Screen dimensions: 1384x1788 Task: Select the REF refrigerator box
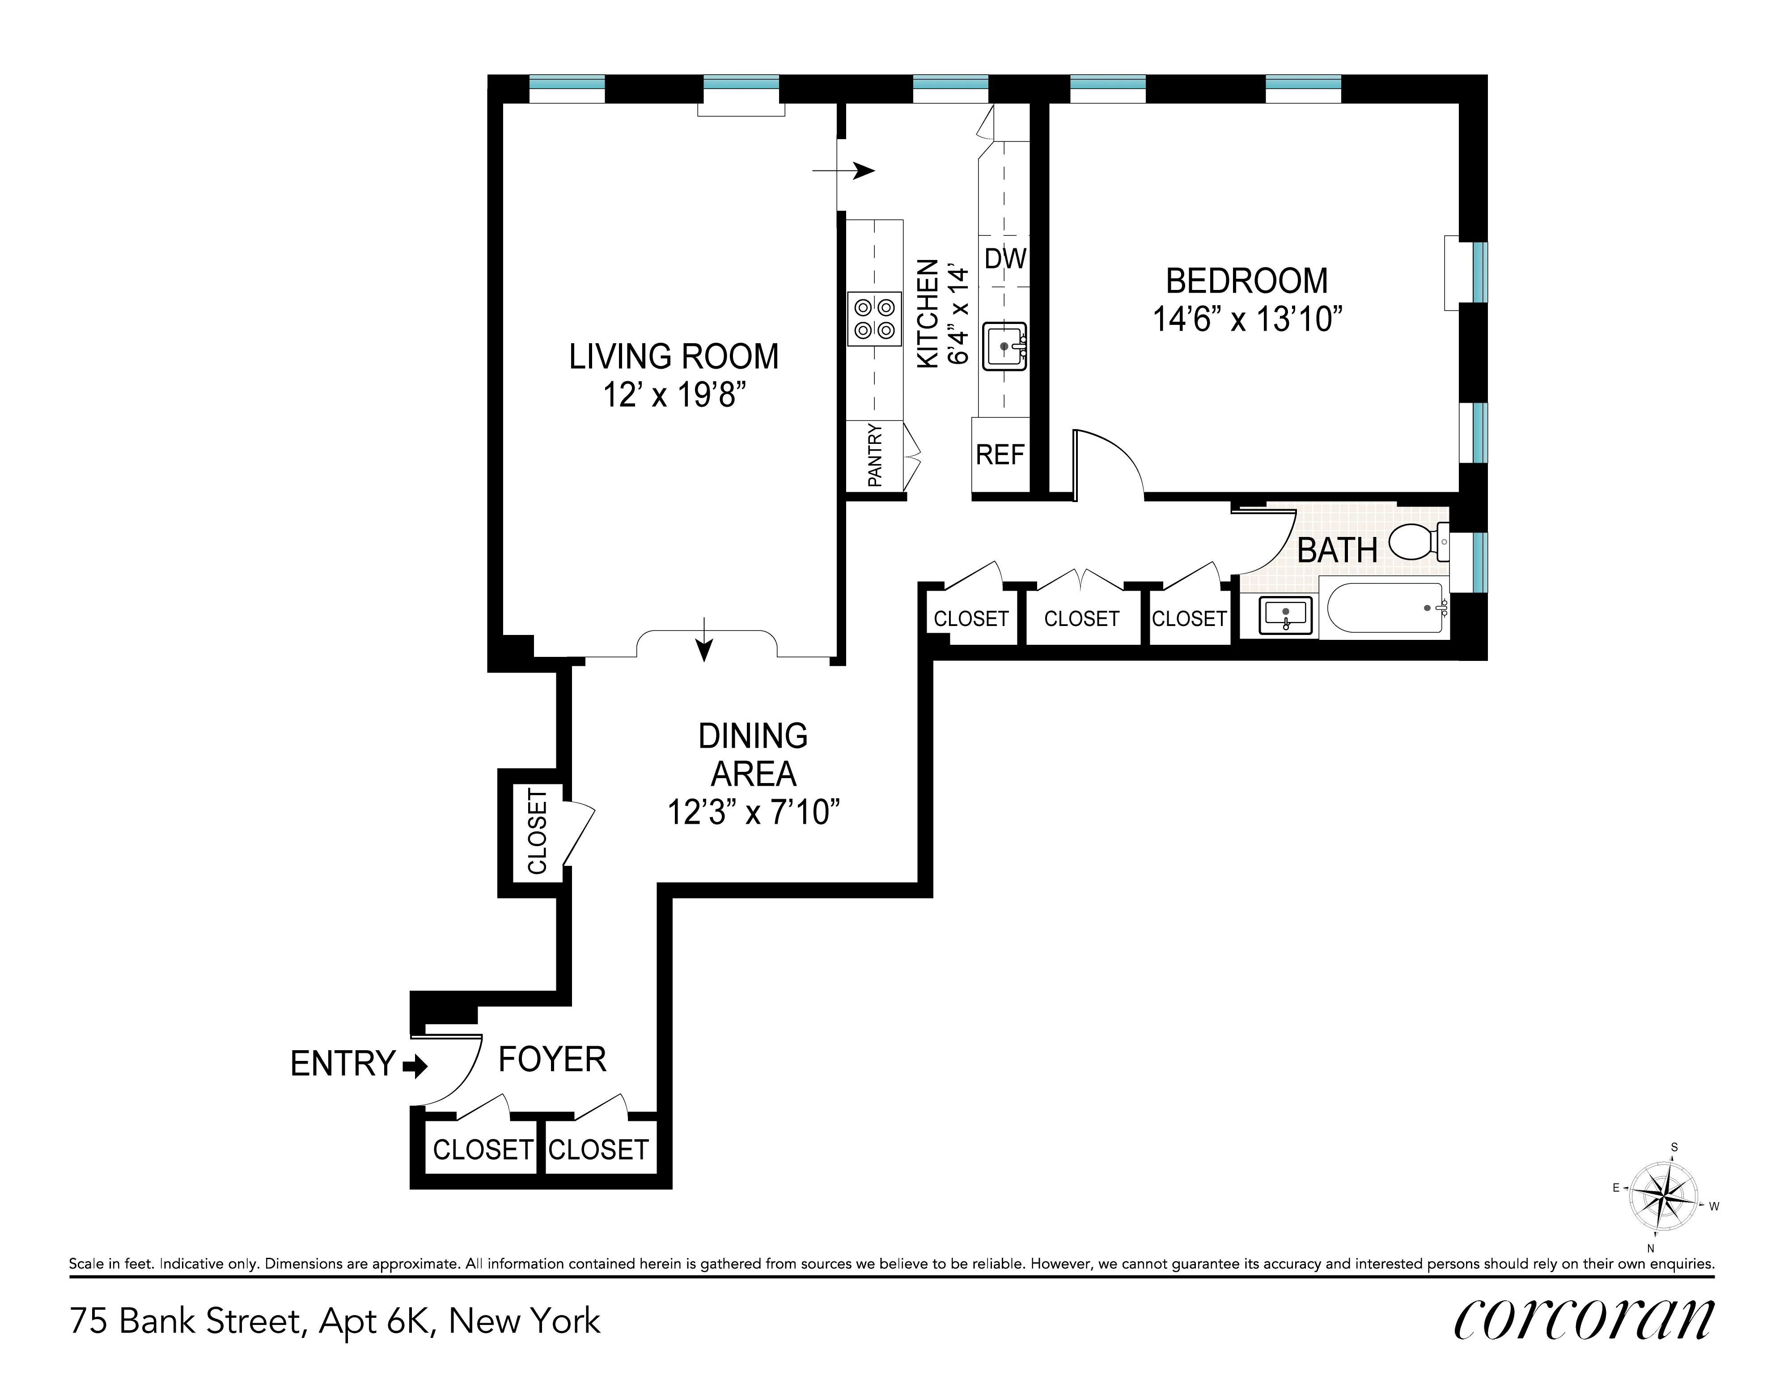1000,455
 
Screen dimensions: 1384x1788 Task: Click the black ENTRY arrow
416,1065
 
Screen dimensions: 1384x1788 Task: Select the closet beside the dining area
537,831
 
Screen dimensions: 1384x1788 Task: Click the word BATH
1337,550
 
